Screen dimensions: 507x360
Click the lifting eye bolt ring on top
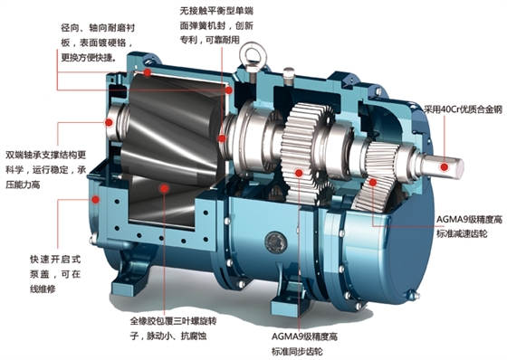(x=252, y=45)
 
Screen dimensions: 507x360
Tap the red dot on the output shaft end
(x=445, y=167)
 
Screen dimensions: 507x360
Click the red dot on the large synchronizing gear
(x=299, y=173)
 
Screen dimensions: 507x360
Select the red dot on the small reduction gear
(x=373, y=183)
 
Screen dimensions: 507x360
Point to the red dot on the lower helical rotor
(x=164, y=188)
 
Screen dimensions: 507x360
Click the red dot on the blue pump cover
(x=95, y=199)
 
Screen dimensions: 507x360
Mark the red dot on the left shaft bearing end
(x=109, y=122)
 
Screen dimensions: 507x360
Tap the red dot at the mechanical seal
(x=222, y=138)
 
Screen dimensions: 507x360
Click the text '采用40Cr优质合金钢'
(x=463, y=109)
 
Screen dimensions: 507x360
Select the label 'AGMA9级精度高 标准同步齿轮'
(x=304, y=344)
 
